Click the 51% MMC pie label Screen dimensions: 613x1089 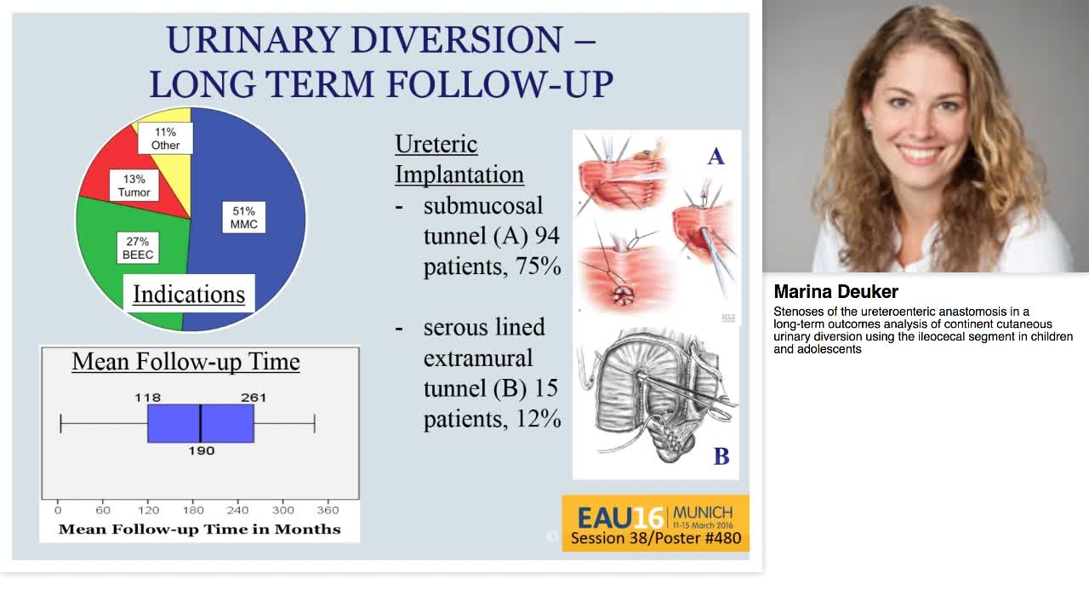(243, 217)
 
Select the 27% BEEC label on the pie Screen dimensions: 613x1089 (137, 248)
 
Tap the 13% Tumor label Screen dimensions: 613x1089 (134, 186)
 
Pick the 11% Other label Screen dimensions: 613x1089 (166, 138)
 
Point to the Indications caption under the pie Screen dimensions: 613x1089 (189, 295)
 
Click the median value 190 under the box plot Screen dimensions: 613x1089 (202, 450)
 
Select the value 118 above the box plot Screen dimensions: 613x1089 (147, 397)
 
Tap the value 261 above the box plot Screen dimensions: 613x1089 (253, 397)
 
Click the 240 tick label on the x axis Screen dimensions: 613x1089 (237, 510)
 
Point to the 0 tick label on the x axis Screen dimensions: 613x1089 (58, 510)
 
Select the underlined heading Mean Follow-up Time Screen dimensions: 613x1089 (185, 361)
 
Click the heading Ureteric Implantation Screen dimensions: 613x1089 (459, 159)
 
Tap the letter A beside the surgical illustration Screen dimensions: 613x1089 (716, 157)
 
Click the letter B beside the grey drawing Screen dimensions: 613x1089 (721, 456)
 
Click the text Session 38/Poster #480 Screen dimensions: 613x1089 (655, 538)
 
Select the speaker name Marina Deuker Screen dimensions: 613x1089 (835, 292)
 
